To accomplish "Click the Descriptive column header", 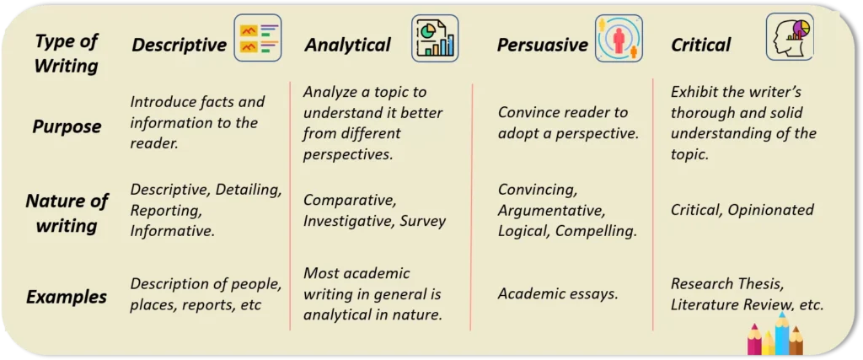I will [x=179, y=45].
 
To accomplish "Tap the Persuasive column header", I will [x=542, y=45].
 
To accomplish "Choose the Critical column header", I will [x=700, y=45].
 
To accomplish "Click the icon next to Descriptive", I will [x=258, y=39].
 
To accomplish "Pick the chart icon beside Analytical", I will [x=435, y=39].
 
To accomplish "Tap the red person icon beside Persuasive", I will [x=619, y=39].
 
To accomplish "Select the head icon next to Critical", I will [x=790, y=37].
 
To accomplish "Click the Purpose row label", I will [x=67, y=126].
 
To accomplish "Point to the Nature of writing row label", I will [x=67, y=213].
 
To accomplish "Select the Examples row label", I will [x=67, y=297].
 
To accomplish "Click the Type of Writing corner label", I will [x=66, y=52].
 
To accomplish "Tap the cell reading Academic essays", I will [x=558, y=293].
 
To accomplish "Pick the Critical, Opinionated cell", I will [x=742, y=210].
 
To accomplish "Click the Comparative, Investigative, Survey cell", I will [x=374, y=211].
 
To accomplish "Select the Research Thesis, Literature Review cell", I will [x=747, y=293].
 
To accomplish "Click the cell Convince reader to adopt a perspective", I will [x=568, y=123].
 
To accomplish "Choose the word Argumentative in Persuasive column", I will [x=550, y=210].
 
